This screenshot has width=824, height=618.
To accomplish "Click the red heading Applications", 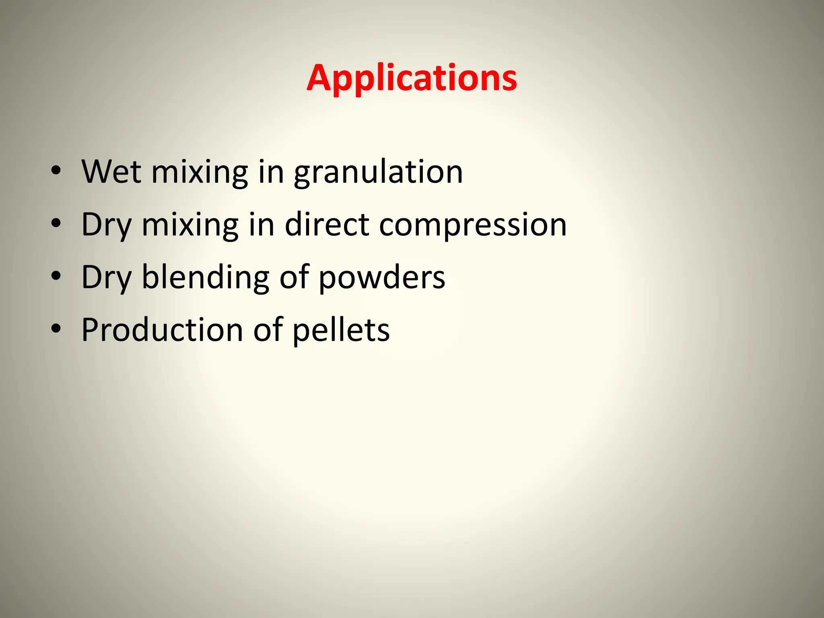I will click(x=412, y=78).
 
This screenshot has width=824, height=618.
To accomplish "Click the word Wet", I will click(x=111, y=172).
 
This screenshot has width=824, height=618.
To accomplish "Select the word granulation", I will click(x=378, y=173).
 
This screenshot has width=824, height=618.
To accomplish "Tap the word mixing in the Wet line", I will click(x=200, y=173).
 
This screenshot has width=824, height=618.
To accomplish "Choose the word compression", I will click(x=473, y=225).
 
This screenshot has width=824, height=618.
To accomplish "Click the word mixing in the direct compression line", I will click(x=190, y=225).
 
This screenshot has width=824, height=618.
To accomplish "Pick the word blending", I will click(x=206, y=278).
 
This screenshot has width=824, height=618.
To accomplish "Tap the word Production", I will click(x=162, y=330).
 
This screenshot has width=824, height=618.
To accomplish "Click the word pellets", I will click(x=341, y=331).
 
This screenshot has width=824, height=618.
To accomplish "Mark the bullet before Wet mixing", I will click(x=56, y=171).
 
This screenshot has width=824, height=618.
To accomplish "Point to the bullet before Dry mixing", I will click(x=56, y=223).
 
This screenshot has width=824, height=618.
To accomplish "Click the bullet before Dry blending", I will click(x=56, y=276).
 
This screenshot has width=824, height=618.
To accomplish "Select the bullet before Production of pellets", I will click(x=56, y=329).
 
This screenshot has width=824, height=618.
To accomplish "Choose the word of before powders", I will click(x=294, y=278).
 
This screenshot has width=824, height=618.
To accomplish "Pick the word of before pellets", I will click(x=268, y=330).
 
